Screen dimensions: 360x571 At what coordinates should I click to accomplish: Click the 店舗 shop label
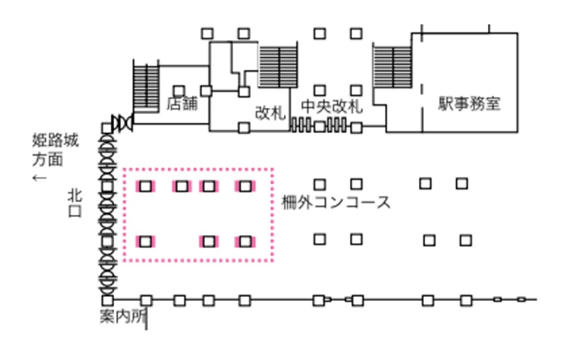click(x=181, y=105)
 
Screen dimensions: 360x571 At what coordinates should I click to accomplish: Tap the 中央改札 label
click(x=332, y=107)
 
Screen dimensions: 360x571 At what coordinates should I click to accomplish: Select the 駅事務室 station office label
click(x=469, y=104)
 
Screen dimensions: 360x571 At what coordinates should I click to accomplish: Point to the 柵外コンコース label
click(x=336, y=202)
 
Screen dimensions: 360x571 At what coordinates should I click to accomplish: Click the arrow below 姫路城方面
click(x=40, y=177)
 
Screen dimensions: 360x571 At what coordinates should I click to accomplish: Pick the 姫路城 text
click(x=55, y=142)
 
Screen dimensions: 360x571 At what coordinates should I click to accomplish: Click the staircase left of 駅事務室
click(x=392, y=67)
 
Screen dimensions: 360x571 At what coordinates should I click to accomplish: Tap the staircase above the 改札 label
click(x=274, y=65)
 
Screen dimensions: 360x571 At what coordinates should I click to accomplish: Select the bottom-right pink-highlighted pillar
click(x=244, y=241)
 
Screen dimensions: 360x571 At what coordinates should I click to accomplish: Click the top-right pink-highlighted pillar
click(x=244, y=186)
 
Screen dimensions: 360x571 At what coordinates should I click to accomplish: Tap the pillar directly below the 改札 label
click(x=243, y=127)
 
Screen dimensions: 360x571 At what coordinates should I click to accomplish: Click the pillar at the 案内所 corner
click(x=108, y=300)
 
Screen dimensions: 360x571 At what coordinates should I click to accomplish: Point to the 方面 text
click(x=48, y=159)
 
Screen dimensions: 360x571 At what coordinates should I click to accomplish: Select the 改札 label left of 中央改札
click(x=271, y=111)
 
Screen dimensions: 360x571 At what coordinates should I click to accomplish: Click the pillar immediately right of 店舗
click(x=206, y=90)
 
